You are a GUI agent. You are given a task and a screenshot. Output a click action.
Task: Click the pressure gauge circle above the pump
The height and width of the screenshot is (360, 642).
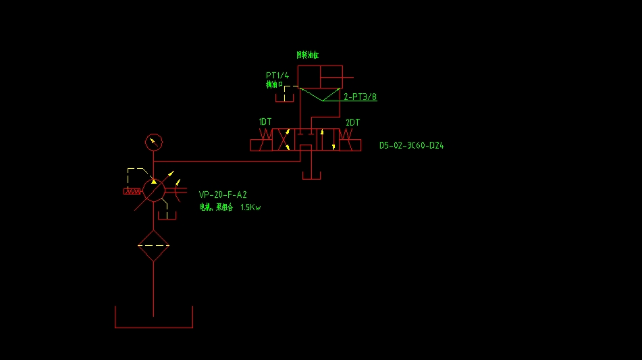click(x=155, y=142)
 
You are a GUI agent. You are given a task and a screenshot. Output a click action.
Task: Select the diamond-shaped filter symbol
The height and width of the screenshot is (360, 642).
click(x=154, y=245)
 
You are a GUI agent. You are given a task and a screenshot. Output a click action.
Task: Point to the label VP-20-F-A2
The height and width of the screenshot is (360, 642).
click(x=223, y=195)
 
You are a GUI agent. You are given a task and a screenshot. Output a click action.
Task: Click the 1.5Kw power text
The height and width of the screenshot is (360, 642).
click(x=250, y=207)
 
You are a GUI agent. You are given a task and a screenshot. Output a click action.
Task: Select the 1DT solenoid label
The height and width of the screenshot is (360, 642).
click(x=265, y=122)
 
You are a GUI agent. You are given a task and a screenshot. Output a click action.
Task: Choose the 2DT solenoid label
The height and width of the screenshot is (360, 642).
click(x=352, y=122)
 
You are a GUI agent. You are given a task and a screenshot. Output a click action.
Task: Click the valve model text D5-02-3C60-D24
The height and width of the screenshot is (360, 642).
click(x=411, y=145)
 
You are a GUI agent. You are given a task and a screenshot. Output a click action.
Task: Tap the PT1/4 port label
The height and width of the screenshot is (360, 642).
click(x=277, y=75)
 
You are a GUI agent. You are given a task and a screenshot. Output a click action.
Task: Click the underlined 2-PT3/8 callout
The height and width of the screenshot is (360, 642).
click(x=360, y=97)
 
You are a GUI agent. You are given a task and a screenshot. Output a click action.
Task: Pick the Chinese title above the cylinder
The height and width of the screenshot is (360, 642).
click(x=307, y=55)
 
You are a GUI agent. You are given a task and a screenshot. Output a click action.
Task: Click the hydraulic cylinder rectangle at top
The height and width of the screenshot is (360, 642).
click(x=320, y=76)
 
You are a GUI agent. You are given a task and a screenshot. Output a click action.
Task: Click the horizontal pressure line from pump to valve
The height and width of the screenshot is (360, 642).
click(x=223, y=161)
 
